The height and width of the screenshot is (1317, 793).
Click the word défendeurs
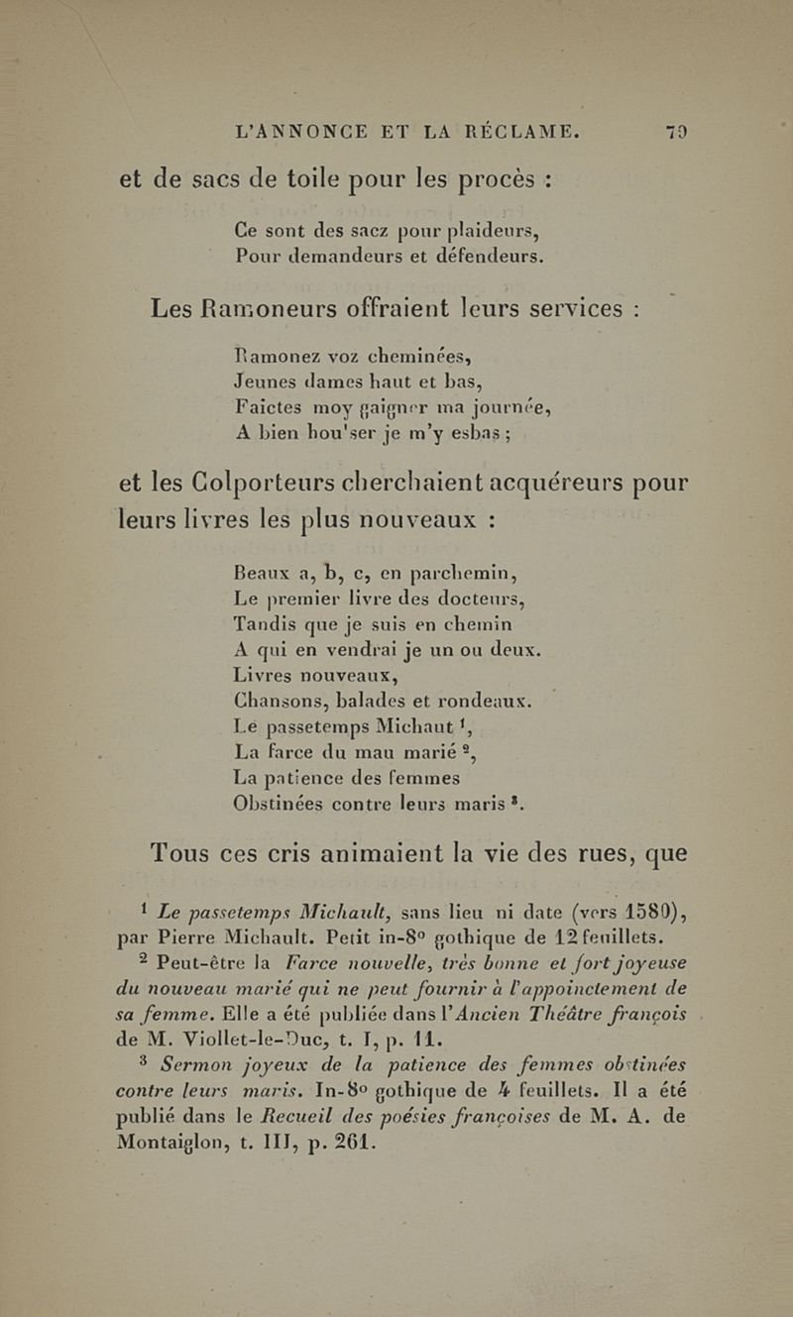click(x=467, y=261)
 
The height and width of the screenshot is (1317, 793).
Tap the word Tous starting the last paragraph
click(x=188, y=850)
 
